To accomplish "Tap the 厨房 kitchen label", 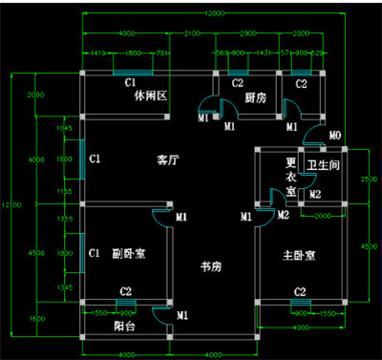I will click(254, 97).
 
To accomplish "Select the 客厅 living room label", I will click(169, 160).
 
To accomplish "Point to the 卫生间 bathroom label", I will click(324, 165).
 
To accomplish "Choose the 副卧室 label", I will click(127, 254).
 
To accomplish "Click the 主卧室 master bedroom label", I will click(299, 256).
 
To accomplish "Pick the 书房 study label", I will click(210, 265).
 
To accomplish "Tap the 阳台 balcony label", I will click(123, 325).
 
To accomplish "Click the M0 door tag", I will click(334, 136).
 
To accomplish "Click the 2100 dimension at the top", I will click(191, 33).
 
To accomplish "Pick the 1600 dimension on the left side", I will click(36, 318).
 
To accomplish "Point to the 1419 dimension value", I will click(98, 53).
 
